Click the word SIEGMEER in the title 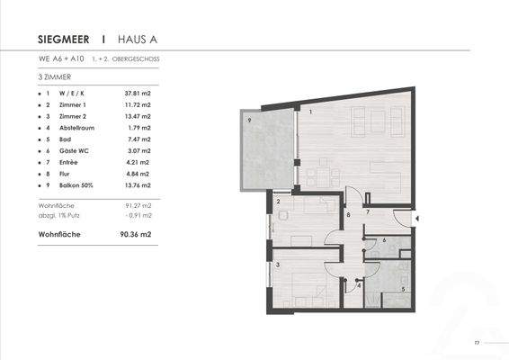click(x=65, y=40)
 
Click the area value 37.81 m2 click(x=138, y=94)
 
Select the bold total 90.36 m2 click(x=132, y=233)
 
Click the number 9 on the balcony click(x=250, y=119)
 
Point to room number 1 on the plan click(x=310, y=112)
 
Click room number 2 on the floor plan click(x=279, y=202)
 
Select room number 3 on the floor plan click(x=278, y=264)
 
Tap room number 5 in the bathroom click(x=402, y=289)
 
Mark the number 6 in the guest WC click(x=384, y=240)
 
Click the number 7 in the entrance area click(x=367, y=211)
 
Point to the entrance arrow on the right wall click(x=415, y=217)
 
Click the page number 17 click(x=478, y=343)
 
